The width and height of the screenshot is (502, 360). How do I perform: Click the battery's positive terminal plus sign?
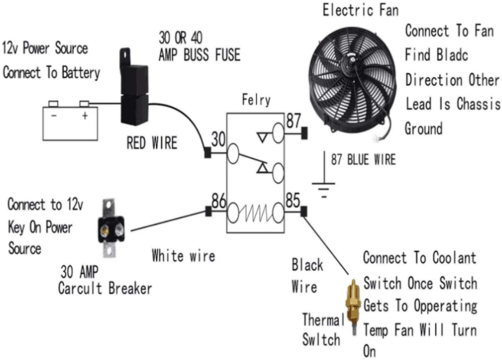click(85, 116)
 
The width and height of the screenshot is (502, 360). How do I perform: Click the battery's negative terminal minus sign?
click(54, 116)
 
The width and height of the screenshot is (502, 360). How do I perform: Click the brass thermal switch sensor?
click(353, 305)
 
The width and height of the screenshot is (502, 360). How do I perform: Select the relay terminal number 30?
click(218, 139)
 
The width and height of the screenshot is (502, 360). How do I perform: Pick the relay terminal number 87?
click(293, 121)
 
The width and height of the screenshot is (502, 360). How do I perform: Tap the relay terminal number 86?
click(219, 201)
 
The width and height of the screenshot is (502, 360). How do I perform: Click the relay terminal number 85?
click(293, 200)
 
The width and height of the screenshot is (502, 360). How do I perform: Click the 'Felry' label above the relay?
click(256, 100)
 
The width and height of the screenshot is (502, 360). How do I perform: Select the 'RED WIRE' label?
click(152, 143)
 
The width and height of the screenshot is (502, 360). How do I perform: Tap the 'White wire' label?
click(183, 256)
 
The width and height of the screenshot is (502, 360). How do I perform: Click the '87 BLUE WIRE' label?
click(363, 160)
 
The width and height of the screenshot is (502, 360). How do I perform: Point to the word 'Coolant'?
click(454, 258)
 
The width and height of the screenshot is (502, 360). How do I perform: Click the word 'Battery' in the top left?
click(81, 73)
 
